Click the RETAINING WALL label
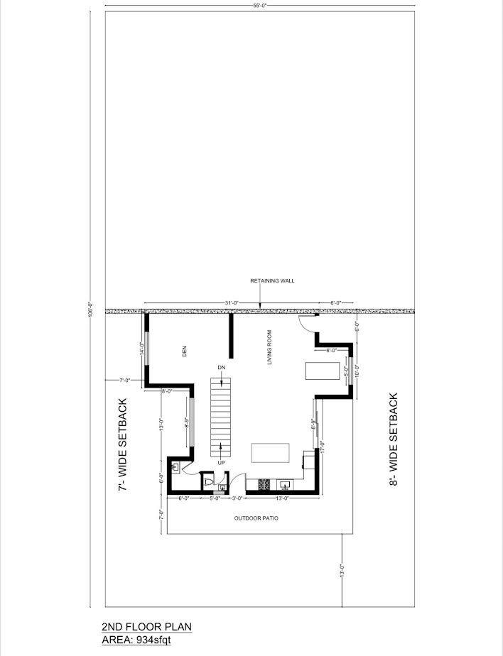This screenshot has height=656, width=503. tap(272, 281)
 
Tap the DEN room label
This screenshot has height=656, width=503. tap(183, 351)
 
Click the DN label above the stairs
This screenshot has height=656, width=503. tap(222, 367)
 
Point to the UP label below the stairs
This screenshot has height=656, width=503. tap(222, 463)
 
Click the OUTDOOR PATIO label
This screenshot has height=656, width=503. tap(256, 518)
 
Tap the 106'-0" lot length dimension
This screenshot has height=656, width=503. tap(90, 310)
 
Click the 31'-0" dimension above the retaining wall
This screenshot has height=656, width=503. tap(230, 303)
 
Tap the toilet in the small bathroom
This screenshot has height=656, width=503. tap(207, 482)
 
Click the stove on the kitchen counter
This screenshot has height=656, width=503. tap(264, 486)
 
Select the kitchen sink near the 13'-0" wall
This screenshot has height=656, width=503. tap(286, 486)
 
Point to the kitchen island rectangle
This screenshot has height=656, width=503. tap(271, 453)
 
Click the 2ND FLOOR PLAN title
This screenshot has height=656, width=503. tap(146, 627)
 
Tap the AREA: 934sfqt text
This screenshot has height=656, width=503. tap(136, 640)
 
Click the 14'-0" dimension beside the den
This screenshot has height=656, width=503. tap(142, 349)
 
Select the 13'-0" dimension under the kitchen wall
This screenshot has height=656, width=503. tap(282, 498)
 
